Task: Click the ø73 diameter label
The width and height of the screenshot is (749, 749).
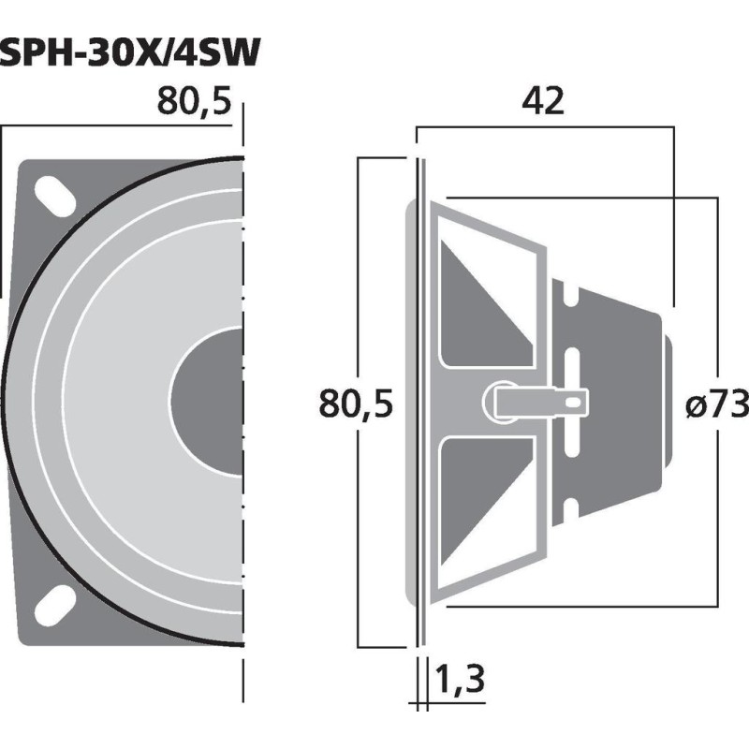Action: click(716, 404)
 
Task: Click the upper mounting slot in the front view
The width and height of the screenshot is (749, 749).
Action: click(57, 198)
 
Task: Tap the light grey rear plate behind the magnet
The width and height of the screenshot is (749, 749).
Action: click(666, 403)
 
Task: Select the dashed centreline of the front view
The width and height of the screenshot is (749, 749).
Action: click(243, 403)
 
